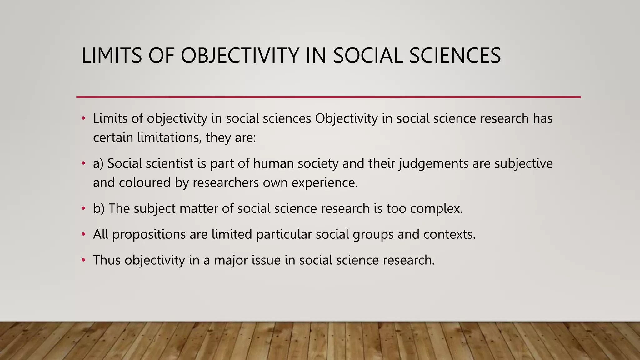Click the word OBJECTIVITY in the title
[240, 56]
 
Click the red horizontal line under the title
[328, 97]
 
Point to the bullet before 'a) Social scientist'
[83, 163]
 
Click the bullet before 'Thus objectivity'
[83, 260]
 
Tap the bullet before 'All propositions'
[83, 234]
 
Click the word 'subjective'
[523, 163]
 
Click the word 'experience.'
[325, 182]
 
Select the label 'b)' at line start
[99, 208]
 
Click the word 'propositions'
[149, 234]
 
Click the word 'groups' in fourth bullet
[373, 234]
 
